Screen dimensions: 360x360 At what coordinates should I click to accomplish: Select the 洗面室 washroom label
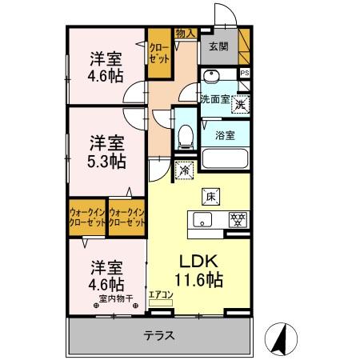(x=214, y=100)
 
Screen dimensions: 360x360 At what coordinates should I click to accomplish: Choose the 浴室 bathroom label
(x=225, y=134)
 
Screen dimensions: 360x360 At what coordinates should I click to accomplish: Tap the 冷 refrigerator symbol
(x=184, y=169)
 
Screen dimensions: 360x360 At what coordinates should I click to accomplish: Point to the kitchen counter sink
(x=202, y=219)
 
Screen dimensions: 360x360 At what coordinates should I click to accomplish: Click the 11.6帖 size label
(x=198, y=279)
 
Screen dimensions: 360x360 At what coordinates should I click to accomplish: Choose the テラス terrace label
(x=159, y=336)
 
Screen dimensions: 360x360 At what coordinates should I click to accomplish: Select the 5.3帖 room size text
(x=106, y=161)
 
